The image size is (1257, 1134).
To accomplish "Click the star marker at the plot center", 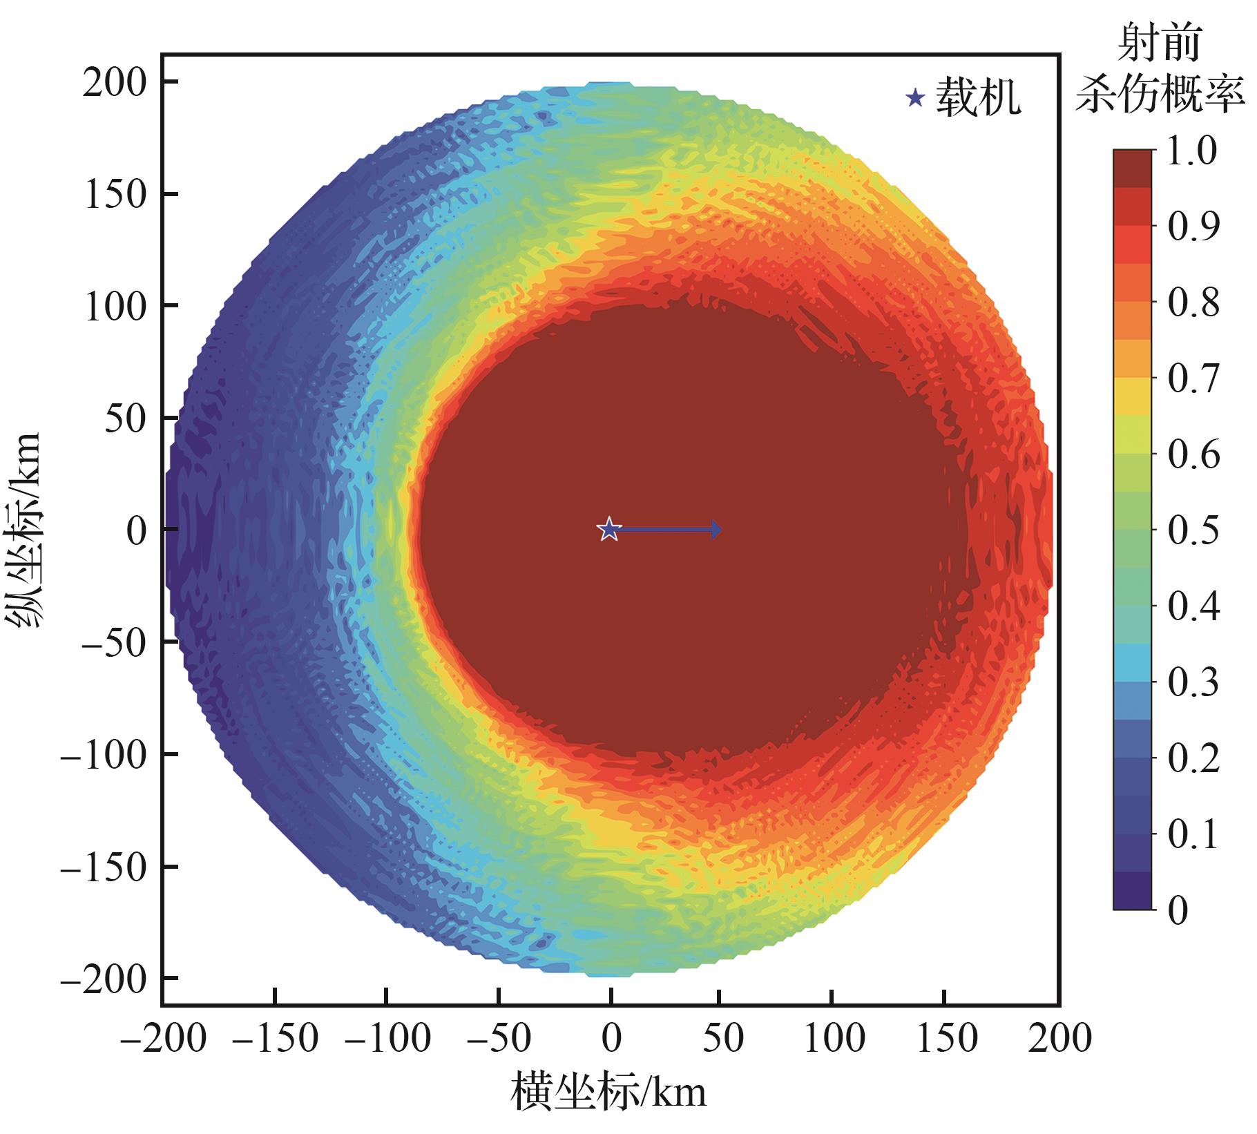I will pyautogui.click(x=608, y=530).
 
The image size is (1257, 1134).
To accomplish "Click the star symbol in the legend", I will pyautogui.click(x=915, y=99).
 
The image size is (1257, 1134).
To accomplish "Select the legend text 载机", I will pyautogui.click(x=977, y=97).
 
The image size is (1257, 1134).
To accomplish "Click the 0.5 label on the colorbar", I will pyautogui.click(x=1193, y=531).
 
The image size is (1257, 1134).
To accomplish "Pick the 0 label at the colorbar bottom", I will pyautogui.click(x=1178, y=910).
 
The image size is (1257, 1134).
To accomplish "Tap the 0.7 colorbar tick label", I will pyautogui.click(x=1193, y=379).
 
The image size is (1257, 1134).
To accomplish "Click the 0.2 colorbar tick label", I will pyautogui.click(x=1193, y=759).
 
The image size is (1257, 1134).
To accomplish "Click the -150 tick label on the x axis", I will pyautogui.click(x=275, y=1039).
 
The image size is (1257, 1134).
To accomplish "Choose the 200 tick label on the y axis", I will pyautogui.click(x=115, y=83).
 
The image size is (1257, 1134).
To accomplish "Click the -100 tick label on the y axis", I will pyautogui.click(x=104, y=755).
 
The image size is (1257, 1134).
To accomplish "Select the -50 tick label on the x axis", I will pyautogui.click(x=497, y=1039).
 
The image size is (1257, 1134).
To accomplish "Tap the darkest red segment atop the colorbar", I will pyautogui.click(x=1133, y=169).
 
